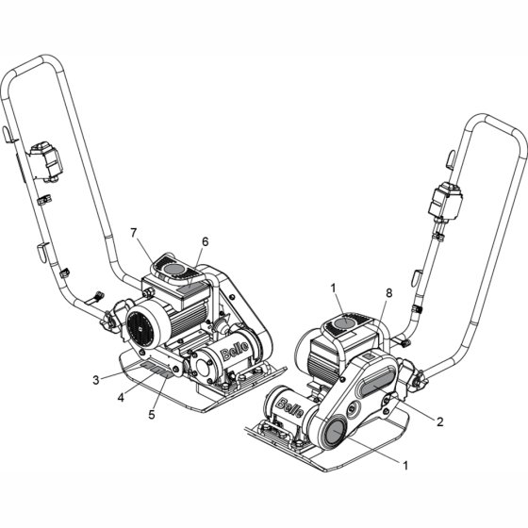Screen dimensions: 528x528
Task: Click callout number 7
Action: click(134, 233)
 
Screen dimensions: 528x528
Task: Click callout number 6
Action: click(206, 241)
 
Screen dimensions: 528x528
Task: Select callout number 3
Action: click(96, 380)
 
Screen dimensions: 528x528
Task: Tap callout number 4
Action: click(121, 397)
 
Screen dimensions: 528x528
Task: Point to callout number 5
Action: click(152, 415)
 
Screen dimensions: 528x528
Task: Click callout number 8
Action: click(388, 293)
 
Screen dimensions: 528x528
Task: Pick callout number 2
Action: click(440, 421)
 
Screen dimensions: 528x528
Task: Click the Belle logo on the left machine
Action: click(235, 350)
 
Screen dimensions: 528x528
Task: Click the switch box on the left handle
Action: click(45, 161)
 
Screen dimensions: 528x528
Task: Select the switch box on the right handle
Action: click(445, 202)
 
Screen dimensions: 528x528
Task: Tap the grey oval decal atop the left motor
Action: click(173, 269)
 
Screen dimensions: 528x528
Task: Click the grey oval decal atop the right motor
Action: click(344, 322)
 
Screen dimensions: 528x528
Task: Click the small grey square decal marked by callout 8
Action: click(370, 356)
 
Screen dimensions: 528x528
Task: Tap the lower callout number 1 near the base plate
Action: click(405, 466)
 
